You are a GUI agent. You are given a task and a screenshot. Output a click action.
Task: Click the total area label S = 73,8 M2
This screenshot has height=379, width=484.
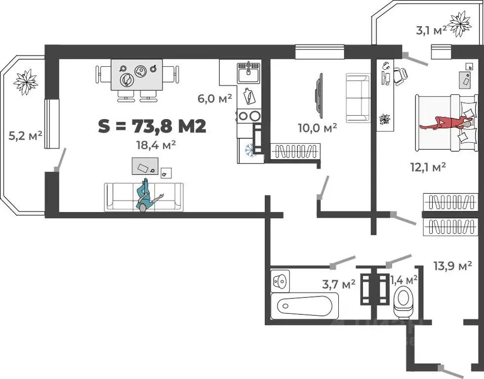(152, 126)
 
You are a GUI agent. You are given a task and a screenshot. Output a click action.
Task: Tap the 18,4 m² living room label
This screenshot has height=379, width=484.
(156, 145)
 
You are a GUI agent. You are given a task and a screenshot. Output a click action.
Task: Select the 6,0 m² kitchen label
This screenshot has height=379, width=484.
(215, 99)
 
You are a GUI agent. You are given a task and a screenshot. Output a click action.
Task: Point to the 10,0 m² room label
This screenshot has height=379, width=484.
(317, 127)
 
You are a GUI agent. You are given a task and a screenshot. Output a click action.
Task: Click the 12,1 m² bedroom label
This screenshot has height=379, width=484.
(428, 167)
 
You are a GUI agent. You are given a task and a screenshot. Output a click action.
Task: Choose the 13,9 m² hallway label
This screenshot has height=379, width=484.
(453, 266)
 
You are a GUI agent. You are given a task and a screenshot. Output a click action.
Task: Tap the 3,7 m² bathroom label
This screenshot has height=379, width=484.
(339, 284)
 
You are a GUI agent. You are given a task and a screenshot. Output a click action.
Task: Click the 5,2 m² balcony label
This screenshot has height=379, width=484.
(25, 136)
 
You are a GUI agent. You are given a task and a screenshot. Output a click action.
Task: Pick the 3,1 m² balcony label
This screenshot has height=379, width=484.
(432, 30)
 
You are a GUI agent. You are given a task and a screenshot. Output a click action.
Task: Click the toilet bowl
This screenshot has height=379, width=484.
(403, 302)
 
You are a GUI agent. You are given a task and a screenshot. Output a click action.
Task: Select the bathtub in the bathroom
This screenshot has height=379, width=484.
(305, 306)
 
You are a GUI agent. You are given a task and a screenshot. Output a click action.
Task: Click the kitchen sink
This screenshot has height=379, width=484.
(249, 72)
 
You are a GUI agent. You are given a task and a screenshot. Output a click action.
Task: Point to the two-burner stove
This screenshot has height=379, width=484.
(248, 116)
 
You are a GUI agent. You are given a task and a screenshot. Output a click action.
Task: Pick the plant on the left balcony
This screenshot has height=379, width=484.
(26, 82)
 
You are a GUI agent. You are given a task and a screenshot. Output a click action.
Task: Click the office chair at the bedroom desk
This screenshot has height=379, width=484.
(400, 76)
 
